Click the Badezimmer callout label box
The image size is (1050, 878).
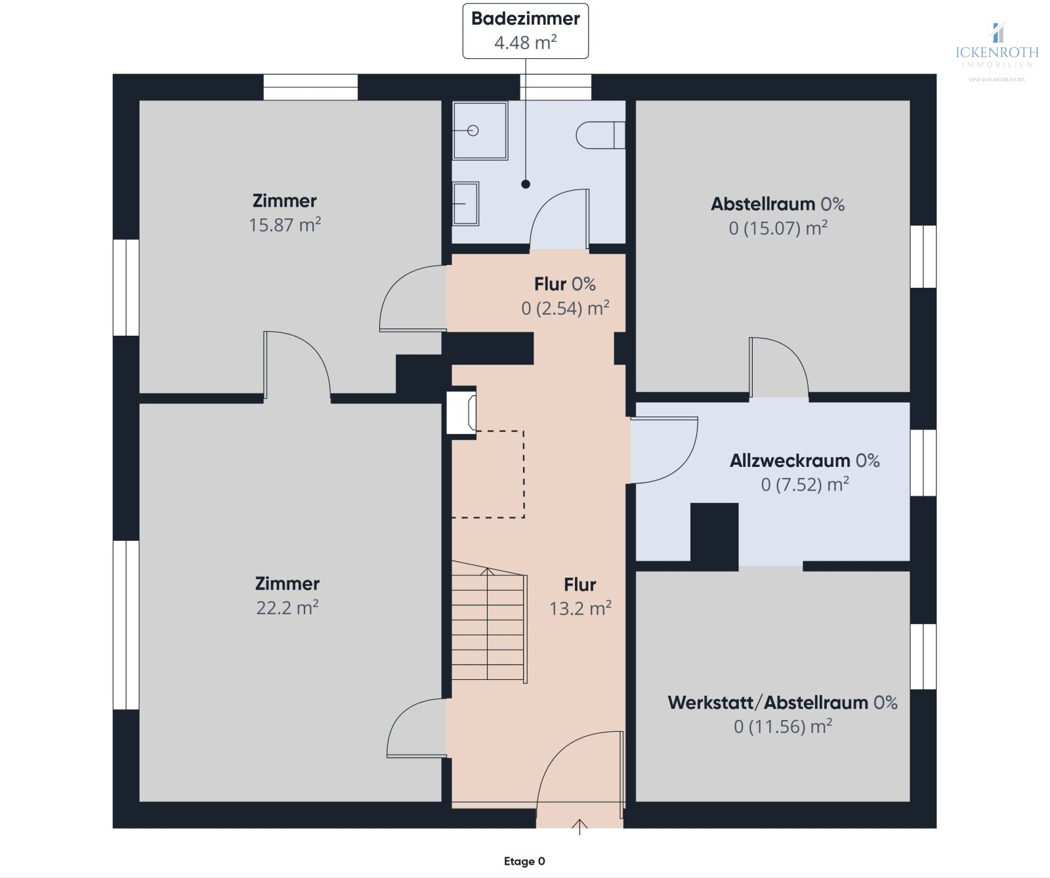click(x=525, y=31)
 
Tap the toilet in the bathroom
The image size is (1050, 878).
click(x=599, y=135)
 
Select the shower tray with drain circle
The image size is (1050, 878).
click(x=480, y=130)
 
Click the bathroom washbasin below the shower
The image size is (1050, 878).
click(x=465, y=203)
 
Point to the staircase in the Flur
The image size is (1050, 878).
click(x=488, y=626)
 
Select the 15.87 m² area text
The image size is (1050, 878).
click(x=285, y=225)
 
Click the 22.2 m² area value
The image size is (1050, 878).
click(x=287, y=608)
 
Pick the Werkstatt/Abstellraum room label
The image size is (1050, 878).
click(x=782, y=702)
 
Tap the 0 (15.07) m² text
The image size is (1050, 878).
click(x=778, y=228)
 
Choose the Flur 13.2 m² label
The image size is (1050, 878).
click(x=580, y=596)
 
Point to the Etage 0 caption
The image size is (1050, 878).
click(x=524, y=861)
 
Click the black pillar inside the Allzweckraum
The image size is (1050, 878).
click(x=714, y=534)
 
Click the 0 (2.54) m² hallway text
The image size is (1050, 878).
click(x=565, y=308)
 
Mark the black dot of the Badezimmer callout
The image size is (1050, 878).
click(x=526, y=184)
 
